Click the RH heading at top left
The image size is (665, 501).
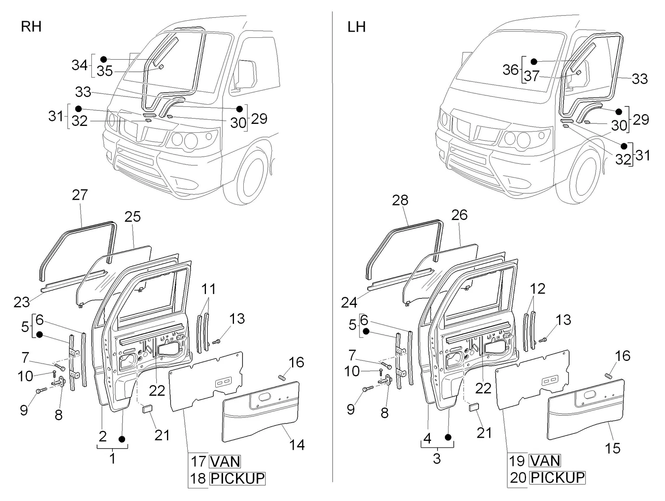tap(31, 27)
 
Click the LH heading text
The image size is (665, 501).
tap(357, 27)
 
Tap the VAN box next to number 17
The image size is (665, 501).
tap(225, 462)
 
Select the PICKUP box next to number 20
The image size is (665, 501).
tap(557, 478)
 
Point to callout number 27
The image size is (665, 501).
tap(80, 195)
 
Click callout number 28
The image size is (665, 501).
tap(400, 200)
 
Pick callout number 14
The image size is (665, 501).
tap(297, 445)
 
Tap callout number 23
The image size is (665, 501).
tap(22, 302)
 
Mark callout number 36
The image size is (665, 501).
tap(511, 69)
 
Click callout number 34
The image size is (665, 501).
tap(79, 65)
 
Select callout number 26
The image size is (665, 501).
tap(459, 215)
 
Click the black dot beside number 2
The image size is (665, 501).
tap(122, 439)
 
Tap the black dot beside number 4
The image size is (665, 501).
tap(448, 437)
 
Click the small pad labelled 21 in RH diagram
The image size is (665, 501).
tap(147, 408)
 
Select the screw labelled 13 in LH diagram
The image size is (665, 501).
tap(543, 339)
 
